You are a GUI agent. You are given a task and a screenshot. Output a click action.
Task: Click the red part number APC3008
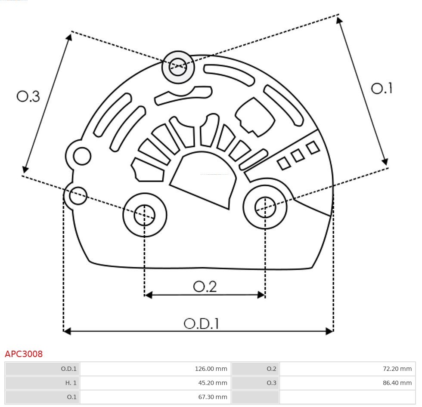click(24, 354)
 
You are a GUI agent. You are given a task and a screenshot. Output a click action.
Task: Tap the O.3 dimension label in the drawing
click(28, 96)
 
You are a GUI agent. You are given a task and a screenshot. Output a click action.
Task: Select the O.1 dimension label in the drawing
click(382, 88)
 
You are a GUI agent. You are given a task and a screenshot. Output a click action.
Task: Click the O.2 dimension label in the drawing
click(205, 287)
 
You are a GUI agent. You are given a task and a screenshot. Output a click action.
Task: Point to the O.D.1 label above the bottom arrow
click(201, 324)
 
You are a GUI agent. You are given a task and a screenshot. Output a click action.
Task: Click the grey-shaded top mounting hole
click(178, 67)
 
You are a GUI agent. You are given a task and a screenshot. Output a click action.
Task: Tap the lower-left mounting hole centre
click(145, 215)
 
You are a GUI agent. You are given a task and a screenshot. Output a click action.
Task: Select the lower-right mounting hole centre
click(265, 208)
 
